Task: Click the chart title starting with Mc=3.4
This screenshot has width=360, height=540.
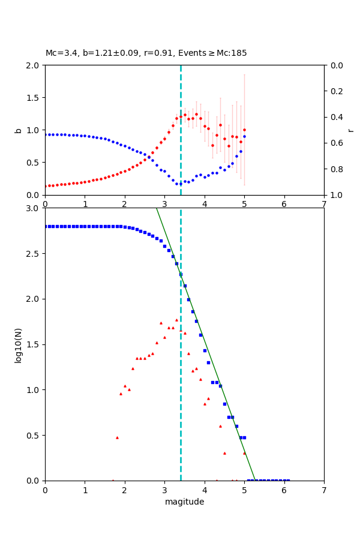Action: point(146,53)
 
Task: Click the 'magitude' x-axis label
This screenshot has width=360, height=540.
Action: point(184,502)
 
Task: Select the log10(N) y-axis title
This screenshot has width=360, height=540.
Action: point(18,344)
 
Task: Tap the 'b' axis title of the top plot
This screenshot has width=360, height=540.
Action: point(18,130)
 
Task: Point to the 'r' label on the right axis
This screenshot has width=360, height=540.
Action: point(350,130)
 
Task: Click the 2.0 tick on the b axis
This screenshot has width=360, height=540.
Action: point(34,65)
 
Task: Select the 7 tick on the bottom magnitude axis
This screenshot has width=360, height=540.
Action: point(324,490)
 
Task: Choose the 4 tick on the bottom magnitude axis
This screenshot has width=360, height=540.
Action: point(205,490)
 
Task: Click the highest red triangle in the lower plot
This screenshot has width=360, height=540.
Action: point(176,320)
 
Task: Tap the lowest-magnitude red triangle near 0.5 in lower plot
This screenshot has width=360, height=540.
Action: point(117,437)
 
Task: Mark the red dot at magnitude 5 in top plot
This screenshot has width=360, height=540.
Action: point(244,130)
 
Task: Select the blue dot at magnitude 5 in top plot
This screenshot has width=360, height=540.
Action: point(244,136)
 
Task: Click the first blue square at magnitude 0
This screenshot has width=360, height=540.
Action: point(45,226)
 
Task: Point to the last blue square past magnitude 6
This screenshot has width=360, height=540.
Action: point(288,480)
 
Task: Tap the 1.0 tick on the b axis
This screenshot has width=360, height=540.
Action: point(34,130)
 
